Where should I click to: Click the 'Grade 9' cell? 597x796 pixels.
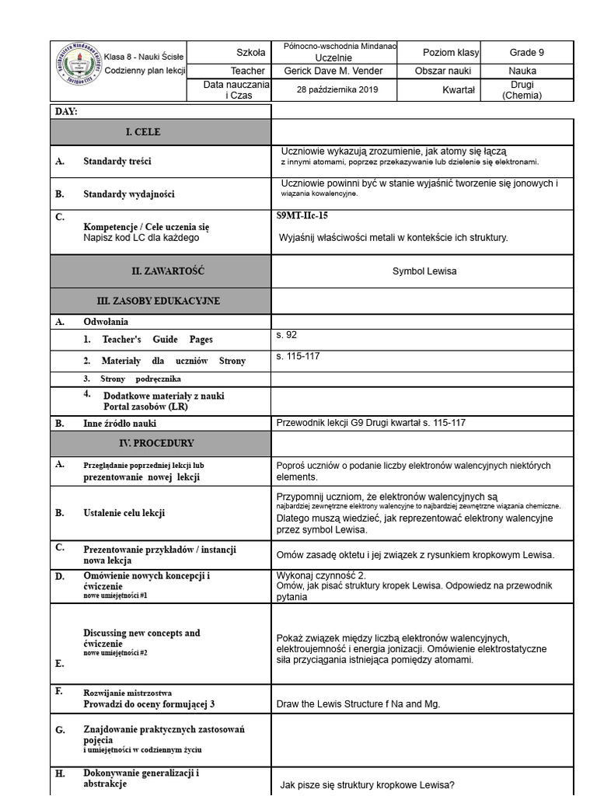[x=526, y=53]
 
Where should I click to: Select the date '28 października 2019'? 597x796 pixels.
[x=337, y=90]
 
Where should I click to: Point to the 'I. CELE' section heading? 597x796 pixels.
[x=143, y=132]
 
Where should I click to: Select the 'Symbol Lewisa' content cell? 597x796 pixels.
[x=424, y=271]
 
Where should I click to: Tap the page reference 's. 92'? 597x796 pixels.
[x=287, y=335]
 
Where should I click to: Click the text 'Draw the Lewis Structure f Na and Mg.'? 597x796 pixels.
[x=358, y=704]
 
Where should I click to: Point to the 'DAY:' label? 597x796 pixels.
[x=67, y=112]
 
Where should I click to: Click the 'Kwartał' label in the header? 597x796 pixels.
[x=458, y=90]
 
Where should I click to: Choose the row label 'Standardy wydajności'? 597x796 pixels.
[x=129, y=194]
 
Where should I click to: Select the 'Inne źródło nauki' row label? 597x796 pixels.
[x=120, y=424]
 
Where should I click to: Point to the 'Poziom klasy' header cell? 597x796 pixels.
[x=450, y=53]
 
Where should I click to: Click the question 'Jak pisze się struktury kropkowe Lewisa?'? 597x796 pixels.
[x=367, y=784]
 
